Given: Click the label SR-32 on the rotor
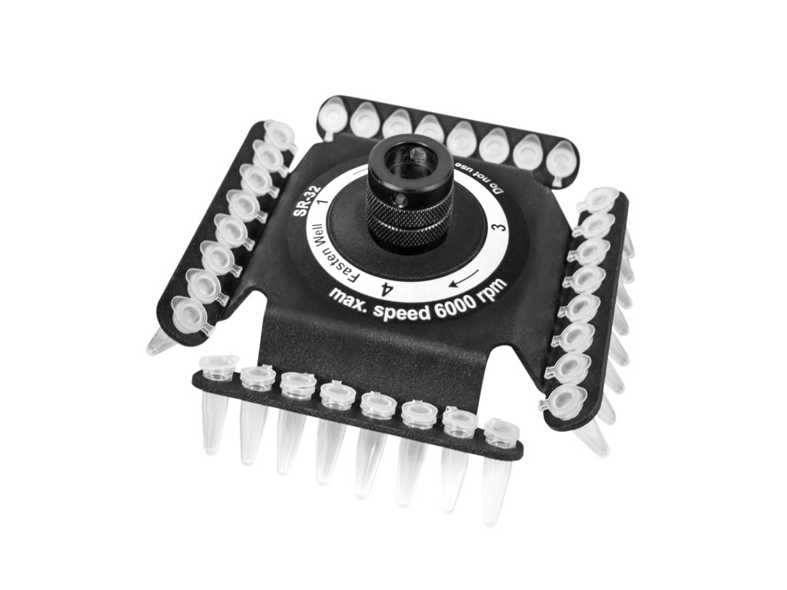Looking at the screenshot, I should [303, 201].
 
